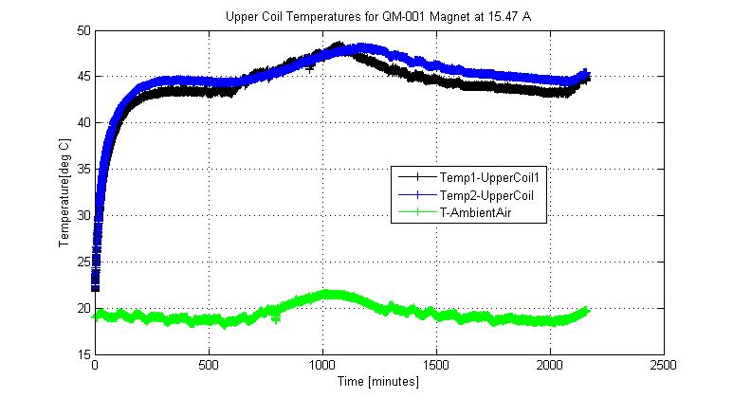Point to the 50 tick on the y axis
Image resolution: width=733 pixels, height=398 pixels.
click(x=83, y=30)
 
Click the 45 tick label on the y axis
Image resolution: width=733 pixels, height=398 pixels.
click(x=83, y=77)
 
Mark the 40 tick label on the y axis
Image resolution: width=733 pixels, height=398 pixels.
click(x=83, y=123)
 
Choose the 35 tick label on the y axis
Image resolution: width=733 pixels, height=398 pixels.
click(x=83, y=170)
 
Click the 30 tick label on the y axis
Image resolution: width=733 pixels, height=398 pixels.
click(x=83, y=215)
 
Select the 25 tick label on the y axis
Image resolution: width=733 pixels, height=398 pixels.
click(x=83, y=262)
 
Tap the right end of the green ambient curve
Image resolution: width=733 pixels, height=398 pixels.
click(x=586, y=311)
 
